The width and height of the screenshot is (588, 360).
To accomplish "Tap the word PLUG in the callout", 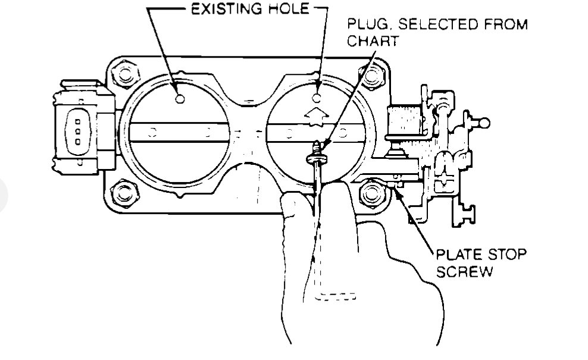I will coord(365,26).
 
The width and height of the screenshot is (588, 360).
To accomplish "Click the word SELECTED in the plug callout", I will coord(430,26).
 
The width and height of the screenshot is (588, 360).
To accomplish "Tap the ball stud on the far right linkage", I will coord(485,123).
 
